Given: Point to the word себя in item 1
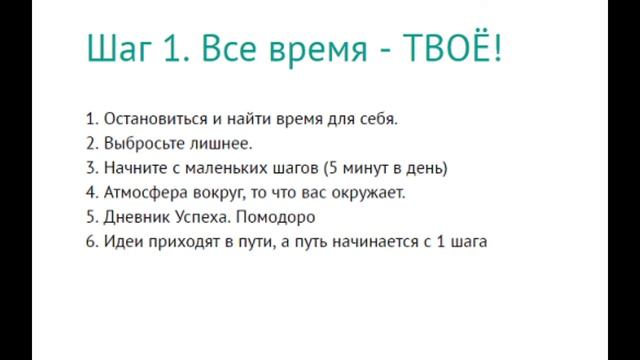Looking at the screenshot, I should pos(376,120).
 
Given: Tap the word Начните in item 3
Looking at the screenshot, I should pos(133,168).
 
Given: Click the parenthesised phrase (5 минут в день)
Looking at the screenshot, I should pos(385,168).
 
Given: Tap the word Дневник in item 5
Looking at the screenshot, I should pos(135,217).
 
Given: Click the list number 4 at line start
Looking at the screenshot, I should pos(91,192).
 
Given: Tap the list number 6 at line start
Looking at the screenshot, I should pos(91,241).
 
